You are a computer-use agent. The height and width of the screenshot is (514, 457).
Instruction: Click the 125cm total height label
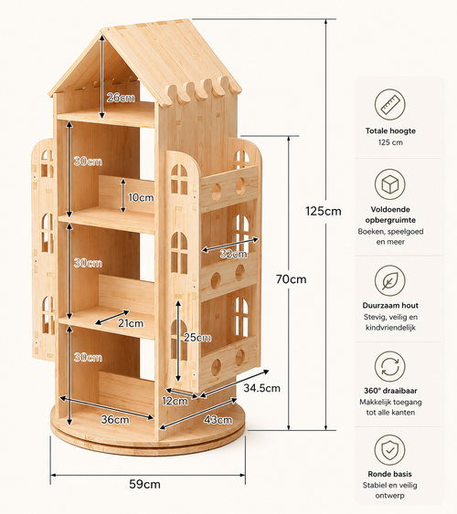[x=324, y=211]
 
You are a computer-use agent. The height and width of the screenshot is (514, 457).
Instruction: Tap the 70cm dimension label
[x=291, y=279]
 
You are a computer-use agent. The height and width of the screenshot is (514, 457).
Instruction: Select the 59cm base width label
[x=144, y=484]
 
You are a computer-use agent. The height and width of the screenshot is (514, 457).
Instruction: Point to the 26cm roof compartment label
[x=121, y=98]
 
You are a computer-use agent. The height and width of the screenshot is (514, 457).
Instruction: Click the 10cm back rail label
[x=141, y=197]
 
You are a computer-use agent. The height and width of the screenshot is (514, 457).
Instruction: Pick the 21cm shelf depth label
[x=131, y=323]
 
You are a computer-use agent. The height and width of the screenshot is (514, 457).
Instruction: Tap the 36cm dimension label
[x=115, y=420]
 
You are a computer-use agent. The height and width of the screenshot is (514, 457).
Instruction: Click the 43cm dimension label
[x=218, y=420]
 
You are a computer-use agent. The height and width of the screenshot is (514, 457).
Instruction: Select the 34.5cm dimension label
[x=261, y=388]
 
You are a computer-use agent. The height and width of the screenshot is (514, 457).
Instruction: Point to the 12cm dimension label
[x=175, y=401]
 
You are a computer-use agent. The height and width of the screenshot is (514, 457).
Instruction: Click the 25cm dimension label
[x=197, y=337]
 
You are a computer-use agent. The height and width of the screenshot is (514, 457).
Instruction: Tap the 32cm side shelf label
[x=234, y=254]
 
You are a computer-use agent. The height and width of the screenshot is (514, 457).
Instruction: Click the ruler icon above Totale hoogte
[x=390, y=105]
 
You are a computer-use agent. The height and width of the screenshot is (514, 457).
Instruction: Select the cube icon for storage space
[x=390, y=184]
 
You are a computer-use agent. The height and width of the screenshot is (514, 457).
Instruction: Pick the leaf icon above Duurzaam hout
[x=390, y=280]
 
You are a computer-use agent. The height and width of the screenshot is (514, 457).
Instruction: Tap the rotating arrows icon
[x=390, y=366]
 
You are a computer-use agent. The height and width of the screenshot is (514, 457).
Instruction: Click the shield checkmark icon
[x=389, y=450]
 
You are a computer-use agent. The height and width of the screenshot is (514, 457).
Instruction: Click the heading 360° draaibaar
[x=390, y=391]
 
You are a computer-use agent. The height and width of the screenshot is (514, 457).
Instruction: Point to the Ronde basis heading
[x=389, y=474]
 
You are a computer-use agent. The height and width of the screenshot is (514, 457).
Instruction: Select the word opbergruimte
[x=390, y=220]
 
